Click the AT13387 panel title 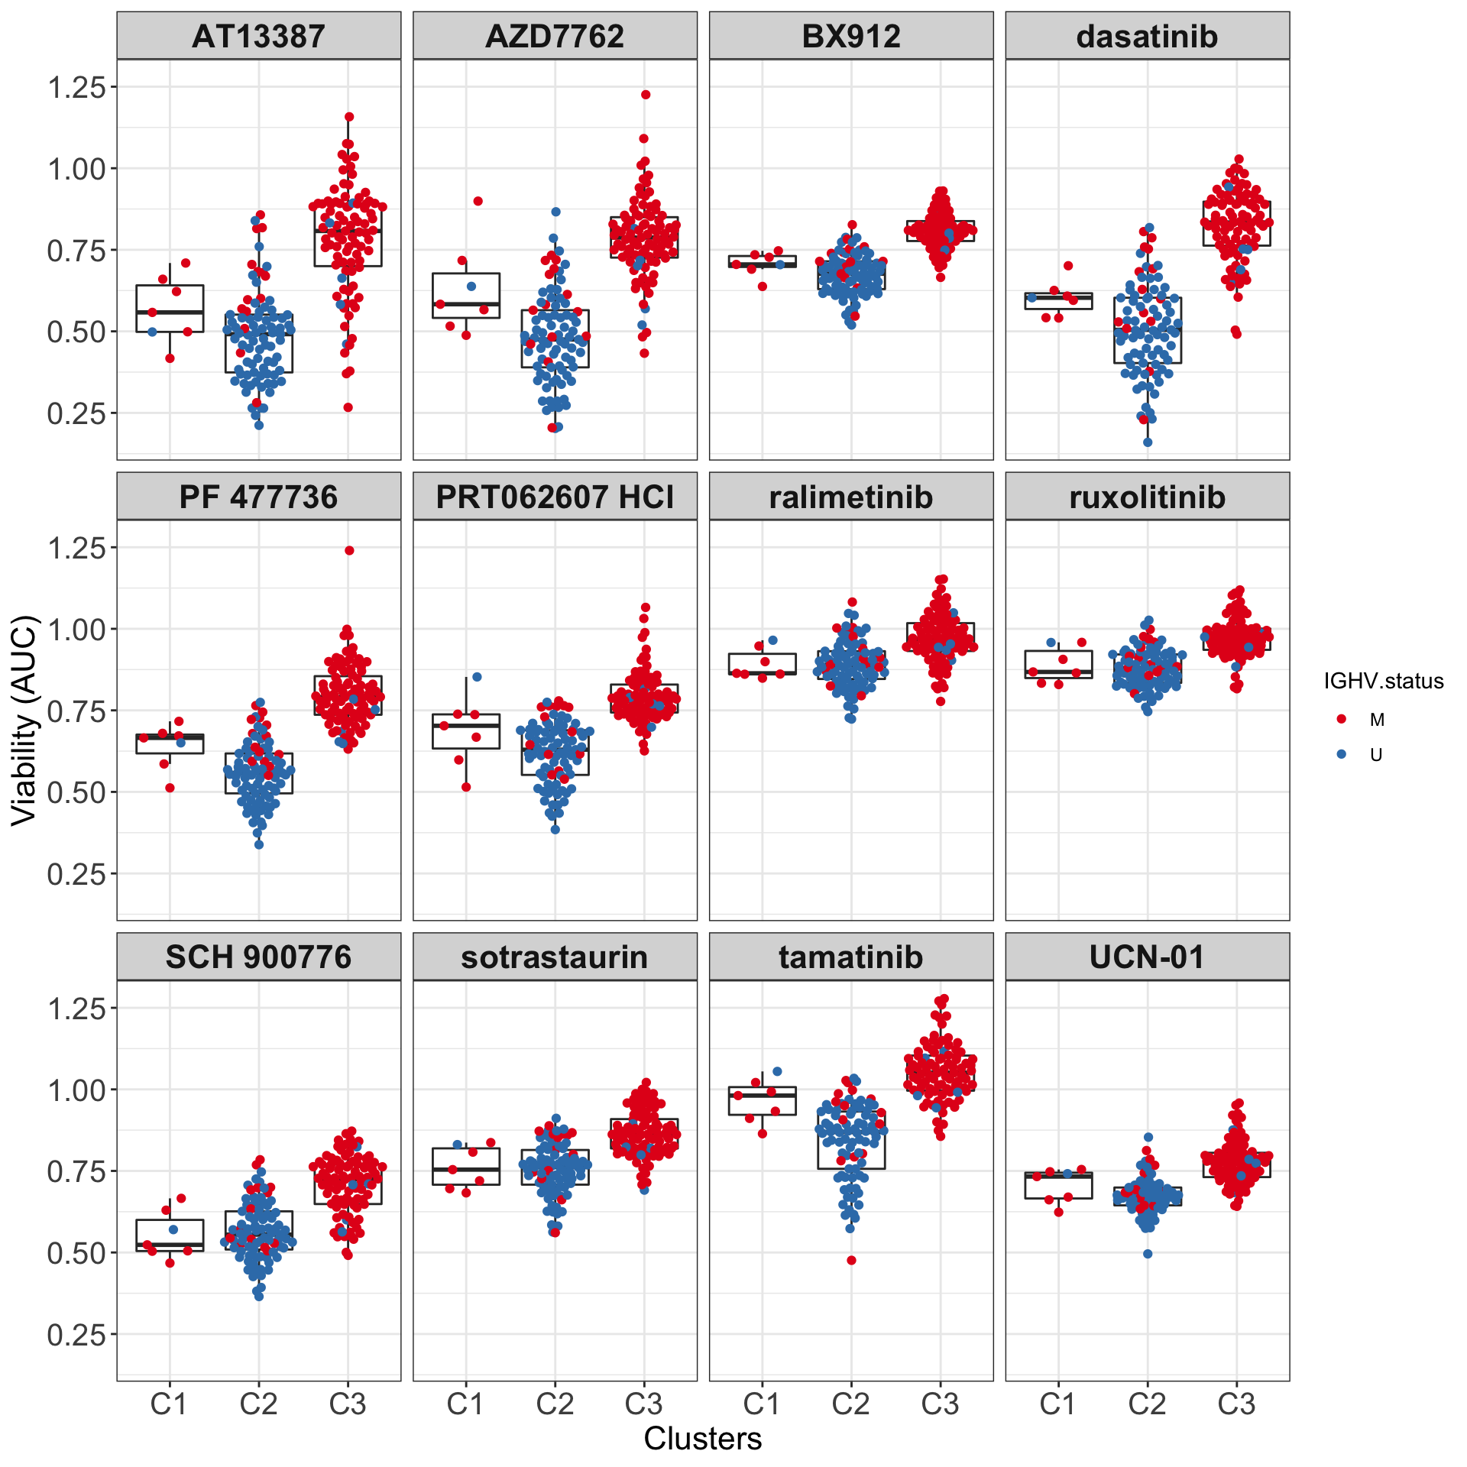[x=258, y=37]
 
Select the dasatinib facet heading [x=1147, y=37]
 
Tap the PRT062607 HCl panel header [x=555, y=497]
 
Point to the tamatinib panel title [x=851, y=957]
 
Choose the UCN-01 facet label [x=1147, y=957]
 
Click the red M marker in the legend [x=1342, y=719]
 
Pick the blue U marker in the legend [x=1342, y=754]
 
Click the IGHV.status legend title [x=1384, y=681]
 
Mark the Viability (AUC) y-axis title [x=24, y=720]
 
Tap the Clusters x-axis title [x=703, y=1438]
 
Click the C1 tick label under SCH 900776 [x=169, y=1404]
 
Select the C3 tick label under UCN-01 [x=1236, y=1404]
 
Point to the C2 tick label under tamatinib [x=851, y=1404]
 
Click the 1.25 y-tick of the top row [x=76, y=87]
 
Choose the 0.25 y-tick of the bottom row [x=76, y=1334]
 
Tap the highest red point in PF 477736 [x=349, y=550]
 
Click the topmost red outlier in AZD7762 [x=646, y=95]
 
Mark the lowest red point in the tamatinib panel [x=851, y=1260]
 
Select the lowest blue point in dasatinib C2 [x=1148, y=442]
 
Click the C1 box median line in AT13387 [x=170, y=313]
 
